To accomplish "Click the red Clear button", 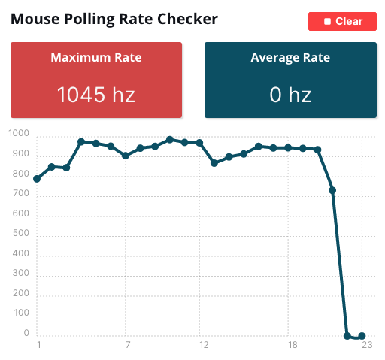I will [342, 21].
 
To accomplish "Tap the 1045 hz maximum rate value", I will [96, 95].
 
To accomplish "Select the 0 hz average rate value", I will [290, 95].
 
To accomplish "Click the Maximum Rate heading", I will [96, 57].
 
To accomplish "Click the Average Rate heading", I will [290, 57].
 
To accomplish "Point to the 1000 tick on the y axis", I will [19, 135].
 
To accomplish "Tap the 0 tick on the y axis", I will [26, 334].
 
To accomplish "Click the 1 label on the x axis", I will [38, 346].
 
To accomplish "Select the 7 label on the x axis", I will [127, 346].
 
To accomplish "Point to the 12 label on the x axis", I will [203, 346].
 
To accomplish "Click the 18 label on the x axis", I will [292, 346].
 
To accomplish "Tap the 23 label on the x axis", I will [366, 346].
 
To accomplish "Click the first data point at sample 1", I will [37, 179].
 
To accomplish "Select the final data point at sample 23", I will [362, 336].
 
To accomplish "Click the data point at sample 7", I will [126, 156].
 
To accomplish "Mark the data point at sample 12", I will [199, 142].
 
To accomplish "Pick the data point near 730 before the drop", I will [332, 190].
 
